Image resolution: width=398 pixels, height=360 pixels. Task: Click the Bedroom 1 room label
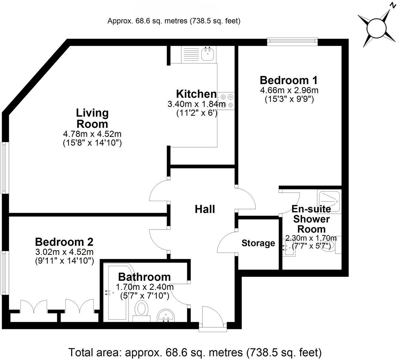click(288, 80)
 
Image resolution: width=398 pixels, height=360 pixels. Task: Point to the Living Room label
click(92, 118)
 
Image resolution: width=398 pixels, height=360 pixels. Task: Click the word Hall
click(205, 209)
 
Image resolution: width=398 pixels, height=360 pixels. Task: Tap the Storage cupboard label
click(258, 243)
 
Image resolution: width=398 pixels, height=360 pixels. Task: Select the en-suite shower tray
click(329, 201)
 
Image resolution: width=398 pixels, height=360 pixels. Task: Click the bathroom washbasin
click(166, 315)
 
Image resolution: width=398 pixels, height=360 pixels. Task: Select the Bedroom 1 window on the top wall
click(292, 41)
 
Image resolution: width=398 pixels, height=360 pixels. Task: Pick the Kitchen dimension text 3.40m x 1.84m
click(197, 104)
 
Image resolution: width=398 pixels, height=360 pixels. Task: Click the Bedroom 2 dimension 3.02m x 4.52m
click(64, 252)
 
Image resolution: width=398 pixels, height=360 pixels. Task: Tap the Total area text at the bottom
click(195, 351)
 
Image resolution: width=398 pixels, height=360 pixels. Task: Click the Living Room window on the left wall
click(4, 168)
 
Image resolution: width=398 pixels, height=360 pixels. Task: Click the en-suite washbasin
click(288, 246)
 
